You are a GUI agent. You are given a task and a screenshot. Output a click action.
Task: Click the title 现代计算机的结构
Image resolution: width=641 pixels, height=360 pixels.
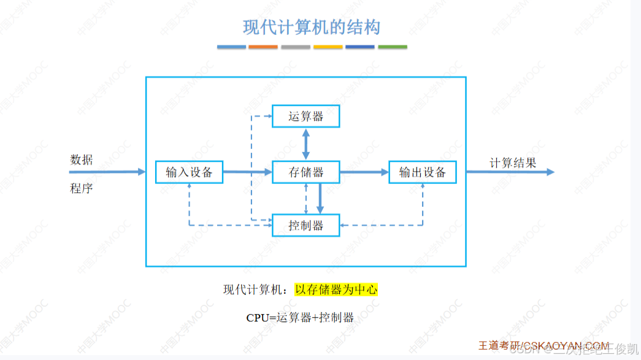tap(312, 28)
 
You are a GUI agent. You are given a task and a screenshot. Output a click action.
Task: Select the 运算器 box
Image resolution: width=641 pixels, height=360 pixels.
tap(305, 116)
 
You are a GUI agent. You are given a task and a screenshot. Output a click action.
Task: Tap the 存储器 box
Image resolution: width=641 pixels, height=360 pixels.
tap(305, 172)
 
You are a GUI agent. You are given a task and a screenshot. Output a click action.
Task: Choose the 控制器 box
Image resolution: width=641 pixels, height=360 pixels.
tap(305, 225)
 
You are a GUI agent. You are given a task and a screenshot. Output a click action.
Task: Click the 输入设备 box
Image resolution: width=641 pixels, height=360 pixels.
tap(189, 172)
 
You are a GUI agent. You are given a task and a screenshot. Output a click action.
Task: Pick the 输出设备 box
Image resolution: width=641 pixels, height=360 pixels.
tap(423, 172)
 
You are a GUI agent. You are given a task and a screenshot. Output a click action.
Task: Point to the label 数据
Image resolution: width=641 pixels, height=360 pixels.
tap(82, 160)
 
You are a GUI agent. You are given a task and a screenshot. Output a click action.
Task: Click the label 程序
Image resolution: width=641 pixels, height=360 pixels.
tap(82, 188)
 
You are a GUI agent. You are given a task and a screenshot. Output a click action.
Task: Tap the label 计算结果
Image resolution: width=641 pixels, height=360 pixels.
tap(513, 163)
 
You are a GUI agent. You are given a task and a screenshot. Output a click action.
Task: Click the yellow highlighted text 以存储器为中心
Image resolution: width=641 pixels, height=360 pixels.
tap(336, 289)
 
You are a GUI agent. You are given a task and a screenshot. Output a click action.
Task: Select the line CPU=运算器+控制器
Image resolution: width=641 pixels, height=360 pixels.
tap(300, 318)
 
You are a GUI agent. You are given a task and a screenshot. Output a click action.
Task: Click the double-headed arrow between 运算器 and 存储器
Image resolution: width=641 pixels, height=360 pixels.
tap(305, 144)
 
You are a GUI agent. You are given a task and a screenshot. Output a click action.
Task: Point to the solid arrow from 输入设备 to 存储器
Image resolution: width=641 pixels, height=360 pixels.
tap(247, 172)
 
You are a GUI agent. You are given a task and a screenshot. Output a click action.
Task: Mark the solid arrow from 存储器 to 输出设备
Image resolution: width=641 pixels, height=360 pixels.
tap(364, 172)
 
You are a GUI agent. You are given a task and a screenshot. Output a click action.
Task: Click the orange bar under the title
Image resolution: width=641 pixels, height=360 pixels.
tap(263, 47)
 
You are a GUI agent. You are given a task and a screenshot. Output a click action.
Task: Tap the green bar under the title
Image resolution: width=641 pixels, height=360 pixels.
tap(393, 47)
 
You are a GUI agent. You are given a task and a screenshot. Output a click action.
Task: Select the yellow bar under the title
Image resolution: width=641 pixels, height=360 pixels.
tap(328, 47)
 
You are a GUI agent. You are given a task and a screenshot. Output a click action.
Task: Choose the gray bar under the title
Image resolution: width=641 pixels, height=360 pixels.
tap(296, 47)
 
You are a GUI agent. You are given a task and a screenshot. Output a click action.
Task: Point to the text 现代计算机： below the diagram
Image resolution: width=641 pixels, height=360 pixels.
tap(258, 289)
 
